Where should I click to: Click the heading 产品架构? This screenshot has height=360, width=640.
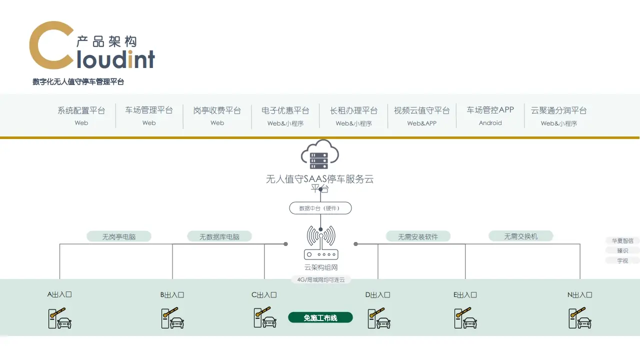click(106, 41)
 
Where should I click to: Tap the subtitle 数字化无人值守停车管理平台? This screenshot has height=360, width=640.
click(78, 82)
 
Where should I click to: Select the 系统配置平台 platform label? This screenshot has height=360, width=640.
click(81, 110)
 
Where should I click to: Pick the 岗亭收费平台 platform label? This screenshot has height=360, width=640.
click(217, 110)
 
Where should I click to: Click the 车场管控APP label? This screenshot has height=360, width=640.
click(490, 110)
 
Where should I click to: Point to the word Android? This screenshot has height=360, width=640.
click(490, 123)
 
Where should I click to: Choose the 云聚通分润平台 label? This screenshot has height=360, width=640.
click(558, 110)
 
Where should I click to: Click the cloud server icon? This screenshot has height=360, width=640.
click(320, 154)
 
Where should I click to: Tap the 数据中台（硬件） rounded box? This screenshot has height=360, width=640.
click(320, 208)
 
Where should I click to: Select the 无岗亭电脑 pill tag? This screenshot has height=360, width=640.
click(119, 236)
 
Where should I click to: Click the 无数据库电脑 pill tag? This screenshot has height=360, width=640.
click(219, 236)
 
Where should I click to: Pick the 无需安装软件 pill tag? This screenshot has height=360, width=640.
click(418, 236)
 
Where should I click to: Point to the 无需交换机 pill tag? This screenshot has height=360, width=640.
click(521, 236)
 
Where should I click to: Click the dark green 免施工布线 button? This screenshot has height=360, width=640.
click(320, 317)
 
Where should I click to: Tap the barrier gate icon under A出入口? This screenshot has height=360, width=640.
click(59, 318)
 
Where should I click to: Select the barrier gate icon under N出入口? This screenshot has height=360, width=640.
click(579, 318)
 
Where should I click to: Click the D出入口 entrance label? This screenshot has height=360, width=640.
click(377, 295)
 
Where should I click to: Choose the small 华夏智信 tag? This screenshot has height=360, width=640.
click(622, 240)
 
